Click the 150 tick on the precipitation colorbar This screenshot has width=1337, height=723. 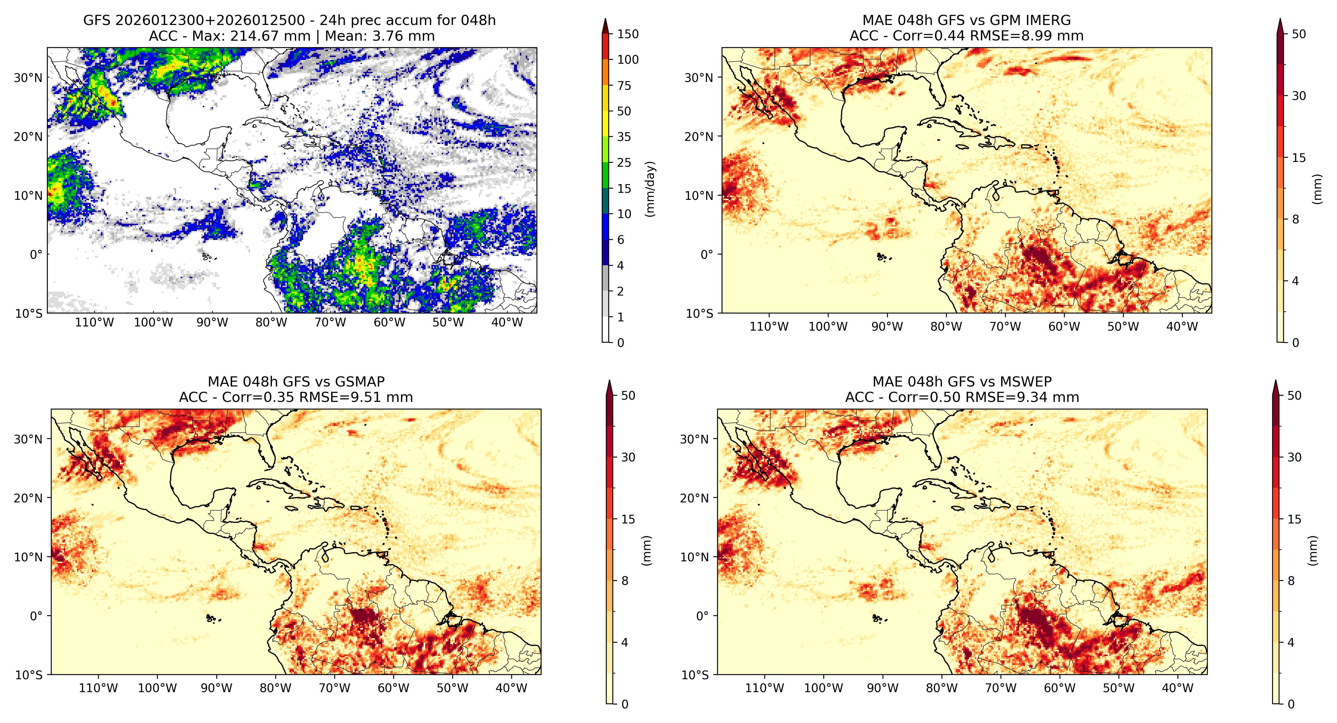tap(627, 34)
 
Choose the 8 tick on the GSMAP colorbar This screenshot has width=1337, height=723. tap(625, 581)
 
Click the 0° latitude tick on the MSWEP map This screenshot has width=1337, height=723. tap(702, 616)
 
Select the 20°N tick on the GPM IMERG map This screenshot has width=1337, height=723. tap(699, 137)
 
